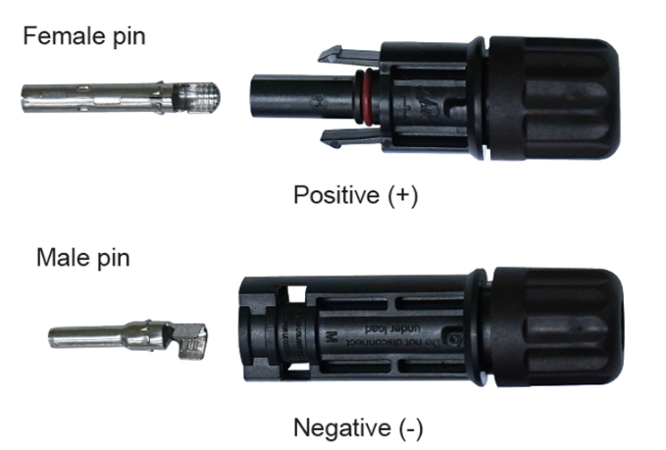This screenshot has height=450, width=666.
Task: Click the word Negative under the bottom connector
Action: click(x=342, y=427)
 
